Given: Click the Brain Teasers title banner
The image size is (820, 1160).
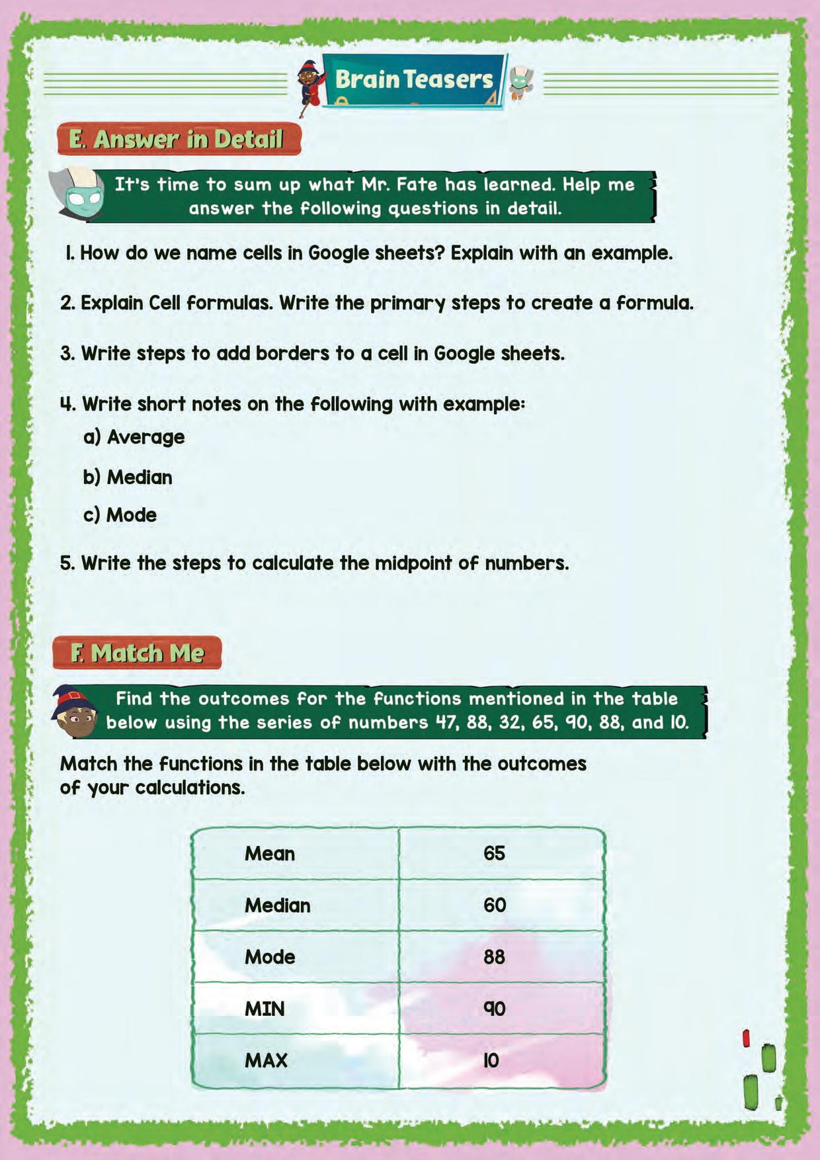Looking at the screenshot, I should click(414, 80).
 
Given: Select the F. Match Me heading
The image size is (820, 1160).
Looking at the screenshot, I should click(138, 653).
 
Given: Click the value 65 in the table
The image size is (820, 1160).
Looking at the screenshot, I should click(494, 854).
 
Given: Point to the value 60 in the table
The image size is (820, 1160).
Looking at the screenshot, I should click(494, 905).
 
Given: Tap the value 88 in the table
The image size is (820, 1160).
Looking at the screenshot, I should click(494, 957).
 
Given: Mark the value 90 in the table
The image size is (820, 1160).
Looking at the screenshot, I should click(494, 1009).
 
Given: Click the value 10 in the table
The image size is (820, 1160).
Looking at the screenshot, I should click(491, 1061).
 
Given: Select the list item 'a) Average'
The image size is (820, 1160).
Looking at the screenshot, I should click(134, 437).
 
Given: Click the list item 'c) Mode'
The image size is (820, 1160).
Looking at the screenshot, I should click(120, 515).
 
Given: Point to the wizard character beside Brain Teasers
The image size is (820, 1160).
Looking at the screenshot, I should click(309, 86).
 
